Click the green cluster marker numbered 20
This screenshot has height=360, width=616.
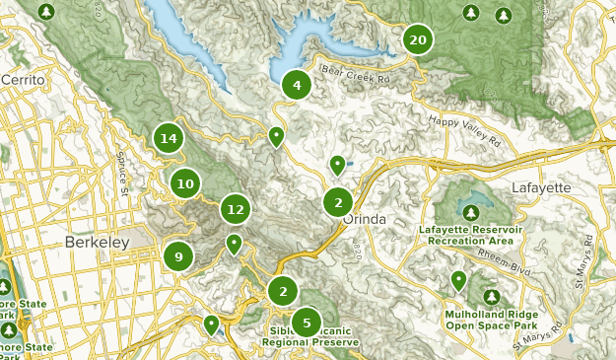[x=417, y=39]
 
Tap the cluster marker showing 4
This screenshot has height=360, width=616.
[x=296, y=85]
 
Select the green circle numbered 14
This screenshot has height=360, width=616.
[x=169, y=138]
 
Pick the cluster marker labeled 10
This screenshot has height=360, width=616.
[x=184, y=182]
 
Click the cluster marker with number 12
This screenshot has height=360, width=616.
[x=234, y=209]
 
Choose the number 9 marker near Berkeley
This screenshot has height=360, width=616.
[x=178, y=256]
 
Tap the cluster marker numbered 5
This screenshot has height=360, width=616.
[x=307, y=322]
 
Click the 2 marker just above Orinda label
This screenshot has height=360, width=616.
[x=338, y=202]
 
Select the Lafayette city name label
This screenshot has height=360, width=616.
[x=541, y=187]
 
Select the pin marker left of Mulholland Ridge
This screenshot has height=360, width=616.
[x=458, y=281]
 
